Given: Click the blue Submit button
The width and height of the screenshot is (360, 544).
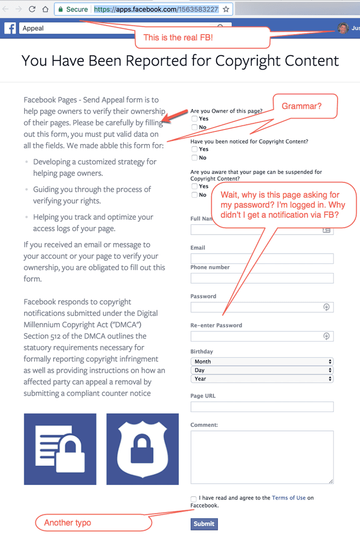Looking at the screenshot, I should click(204, 524).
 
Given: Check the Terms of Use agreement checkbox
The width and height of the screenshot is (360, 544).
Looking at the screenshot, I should click(193, 499).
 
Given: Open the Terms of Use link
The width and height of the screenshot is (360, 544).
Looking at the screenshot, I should click(288, 498).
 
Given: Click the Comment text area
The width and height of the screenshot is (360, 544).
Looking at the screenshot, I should click(262, 457).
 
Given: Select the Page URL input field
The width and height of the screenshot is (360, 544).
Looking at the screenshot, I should click(262, 407).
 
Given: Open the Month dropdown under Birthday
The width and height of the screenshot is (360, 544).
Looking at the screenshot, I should click(262, 361).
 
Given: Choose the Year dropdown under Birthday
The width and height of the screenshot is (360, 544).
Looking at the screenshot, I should click(262, 378).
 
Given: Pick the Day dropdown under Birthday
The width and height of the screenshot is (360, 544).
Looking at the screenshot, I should click(262, 370).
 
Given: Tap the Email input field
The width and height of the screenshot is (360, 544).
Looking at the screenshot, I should click(262, 259).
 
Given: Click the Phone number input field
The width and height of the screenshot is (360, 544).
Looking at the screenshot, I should click(262, 278).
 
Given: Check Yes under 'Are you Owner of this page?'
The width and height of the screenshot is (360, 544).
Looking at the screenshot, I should click(194, 118).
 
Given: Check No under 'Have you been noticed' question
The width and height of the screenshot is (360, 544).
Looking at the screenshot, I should click(194, 158).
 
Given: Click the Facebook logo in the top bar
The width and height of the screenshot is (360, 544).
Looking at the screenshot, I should click(10, 28).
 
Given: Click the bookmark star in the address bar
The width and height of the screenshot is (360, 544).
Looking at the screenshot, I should click(226, 9).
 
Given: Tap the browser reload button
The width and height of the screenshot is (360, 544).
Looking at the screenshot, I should click(32, 9).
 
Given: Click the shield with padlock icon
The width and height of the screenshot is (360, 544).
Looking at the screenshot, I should click(142, 449).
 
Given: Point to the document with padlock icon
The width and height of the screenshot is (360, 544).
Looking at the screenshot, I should click(60, 449).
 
